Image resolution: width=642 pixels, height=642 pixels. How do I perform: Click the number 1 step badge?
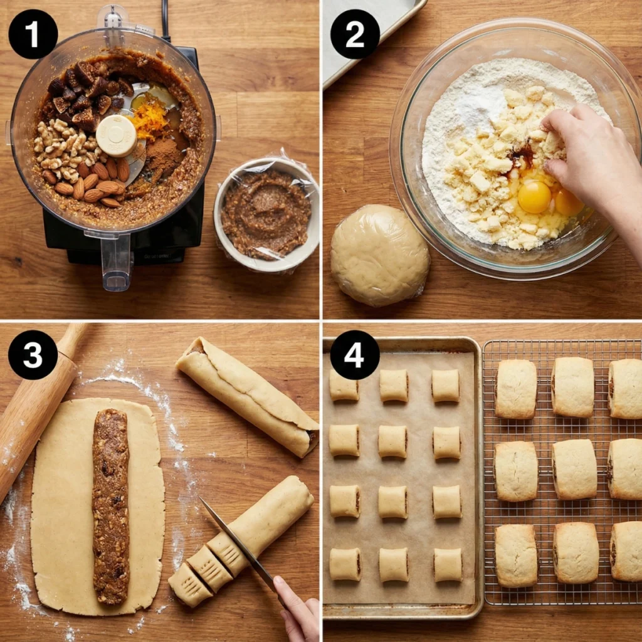point(33,34)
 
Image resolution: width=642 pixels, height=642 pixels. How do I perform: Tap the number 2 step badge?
point(355,34)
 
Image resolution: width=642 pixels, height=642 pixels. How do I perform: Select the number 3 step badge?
point(33,355)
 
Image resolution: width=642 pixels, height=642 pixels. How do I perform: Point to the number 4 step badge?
point(355,355)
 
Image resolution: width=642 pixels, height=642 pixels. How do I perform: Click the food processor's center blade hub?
point(117,135)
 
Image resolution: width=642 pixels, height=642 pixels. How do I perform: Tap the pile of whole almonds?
point(94,182)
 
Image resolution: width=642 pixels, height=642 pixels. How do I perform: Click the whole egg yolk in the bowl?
point(534,197)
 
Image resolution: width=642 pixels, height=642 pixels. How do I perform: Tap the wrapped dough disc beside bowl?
point(379,255)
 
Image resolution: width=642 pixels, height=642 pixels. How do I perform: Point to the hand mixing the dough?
point(589,157)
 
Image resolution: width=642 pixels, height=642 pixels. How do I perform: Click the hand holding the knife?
point(300,611)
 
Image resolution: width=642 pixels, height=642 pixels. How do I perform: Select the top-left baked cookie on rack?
point(515,389)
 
